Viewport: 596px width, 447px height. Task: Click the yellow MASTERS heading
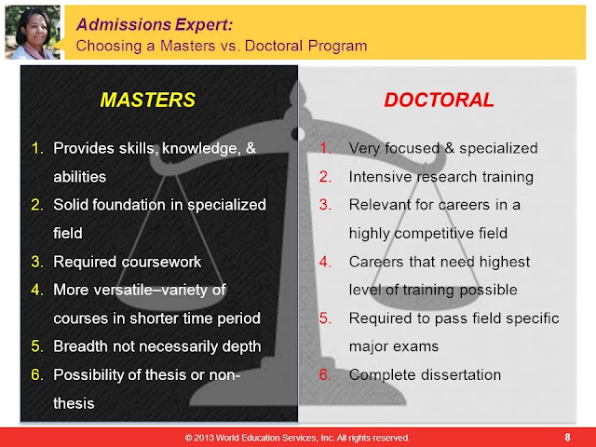[148, 100]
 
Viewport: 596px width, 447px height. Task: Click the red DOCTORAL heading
[439, 100]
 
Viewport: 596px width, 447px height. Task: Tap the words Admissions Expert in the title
[155, 25]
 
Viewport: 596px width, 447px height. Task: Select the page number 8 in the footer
[567, 437]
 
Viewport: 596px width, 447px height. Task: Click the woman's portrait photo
[33, 33]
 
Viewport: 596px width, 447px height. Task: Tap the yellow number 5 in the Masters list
[36, 346]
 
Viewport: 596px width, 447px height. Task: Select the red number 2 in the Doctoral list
[324, 177]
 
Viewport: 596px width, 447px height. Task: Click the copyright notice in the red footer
[297, 438]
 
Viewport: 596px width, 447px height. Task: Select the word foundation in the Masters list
[129, 205]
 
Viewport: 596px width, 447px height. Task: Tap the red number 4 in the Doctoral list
[324, 262]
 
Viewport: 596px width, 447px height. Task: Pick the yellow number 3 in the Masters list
[36, 262]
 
